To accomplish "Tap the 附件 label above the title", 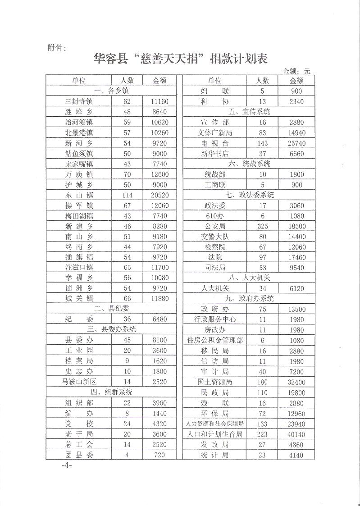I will coord(57,47).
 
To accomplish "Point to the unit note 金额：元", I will coord(297,71).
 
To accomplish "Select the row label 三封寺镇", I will coord(79,101).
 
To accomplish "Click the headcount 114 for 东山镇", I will coord(127,195).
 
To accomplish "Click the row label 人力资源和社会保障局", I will coord(215,424).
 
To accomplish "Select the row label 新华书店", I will coord(215,154).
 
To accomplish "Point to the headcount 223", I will coord(262,434).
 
